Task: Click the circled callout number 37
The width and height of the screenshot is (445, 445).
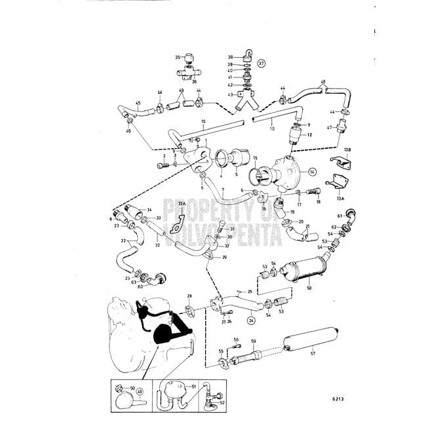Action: (261, 64)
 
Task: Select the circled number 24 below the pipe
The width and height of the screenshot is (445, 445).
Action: (251, 320)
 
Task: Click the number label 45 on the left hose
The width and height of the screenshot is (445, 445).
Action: (138, 103)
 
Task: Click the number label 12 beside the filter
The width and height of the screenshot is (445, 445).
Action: (309, 134)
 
